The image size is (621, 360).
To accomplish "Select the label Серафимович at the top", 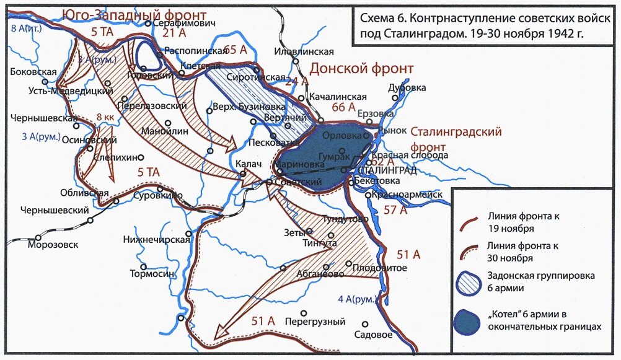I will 184,23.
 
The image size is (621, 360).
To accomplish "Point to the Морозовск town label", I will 53,245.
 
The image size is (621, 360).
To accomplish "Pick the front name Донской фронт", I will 361,68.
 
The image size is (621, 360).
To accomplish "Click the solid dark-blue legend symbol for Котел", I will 466,320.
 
